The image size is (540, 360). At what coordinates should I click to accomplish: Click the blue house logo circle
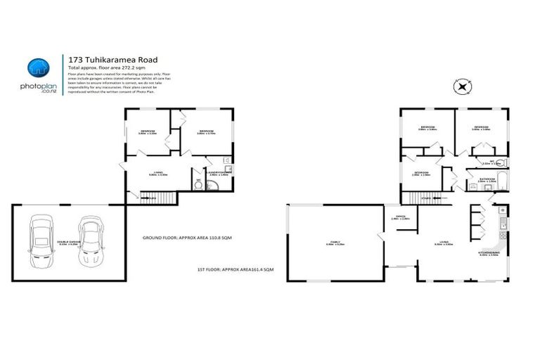tap(37, 67)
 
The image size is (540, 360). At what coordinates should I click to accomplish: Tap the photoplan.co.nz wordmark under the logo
tap(37, 87)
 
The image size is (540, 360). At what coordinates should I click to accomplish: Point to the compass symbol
tap(462, 87)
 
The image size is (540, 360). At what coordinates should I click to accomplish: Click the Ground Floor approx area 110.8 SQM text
tap(186, 238)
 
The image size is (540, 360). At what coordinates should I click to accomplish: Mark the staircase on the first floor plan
tap(430, 199)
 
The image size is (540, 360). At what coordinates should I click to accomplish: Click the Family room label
tap(330, 243)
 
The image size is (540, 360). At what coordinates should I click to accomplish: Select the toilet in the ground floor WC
tap(198, 185)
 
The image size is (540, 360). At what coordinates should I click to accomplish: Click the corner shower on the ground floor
tap(214, 184)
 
